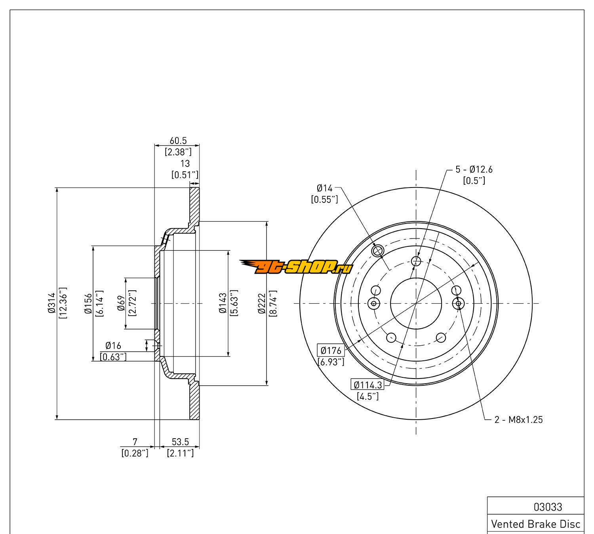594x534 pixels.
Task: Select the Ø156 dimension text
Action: (88, 304)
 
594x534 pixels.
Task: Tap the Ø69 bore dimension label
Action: (121, 304)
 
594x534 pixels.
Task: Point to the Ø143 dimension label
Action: (223, 303)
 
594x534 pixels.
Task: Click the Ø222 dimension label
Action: (261, 303)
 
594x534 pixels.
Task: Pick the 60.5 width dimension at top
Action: (178, 141)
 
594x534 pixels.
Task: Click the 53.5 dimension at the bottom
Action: (180, 441)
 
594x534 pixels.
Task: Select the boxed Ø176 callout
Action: (331, 350)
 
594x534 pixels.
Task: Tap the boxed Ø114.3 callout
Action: (367, 384)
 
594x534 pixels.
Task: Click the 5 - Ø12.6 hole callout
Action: (474, 170)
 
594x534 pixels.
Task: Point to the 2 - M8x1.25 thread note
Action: (518, 420)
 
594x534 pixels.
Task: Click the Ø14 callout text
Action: (324, 188)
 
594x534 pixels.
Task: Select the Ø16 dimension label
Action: (113, 347)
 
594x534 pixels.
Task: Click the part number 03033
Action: (548, 507)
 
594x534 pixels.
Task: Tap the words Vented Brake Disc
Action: (535, 524)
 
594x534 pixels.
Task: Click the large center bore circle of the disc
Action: (416, 303)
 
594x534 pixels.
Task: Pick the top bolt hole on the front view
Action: (416, 261)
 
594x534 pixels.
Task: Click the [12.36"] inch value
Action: (63, 303)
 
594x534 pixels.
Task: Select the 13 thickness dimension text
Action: (185, 163)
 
